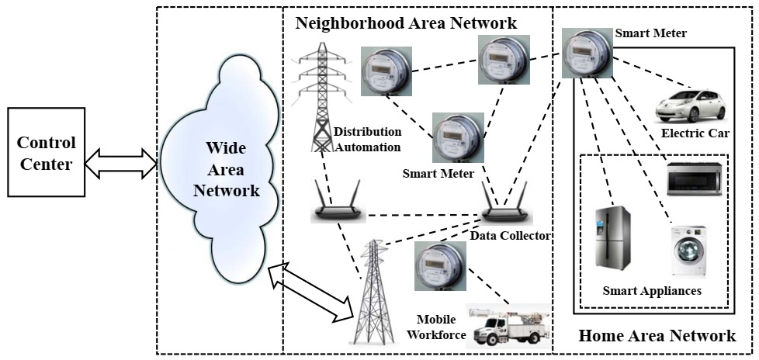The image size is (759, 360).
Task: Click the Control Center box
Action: tap(47, 152)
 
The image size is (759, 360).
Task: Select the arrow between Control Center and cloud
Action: tap(122, 164)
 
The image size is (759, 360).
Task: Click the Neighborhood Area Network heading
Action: tap(406, 22)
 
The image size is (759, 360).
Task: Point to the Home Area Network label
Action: tap(657, 335)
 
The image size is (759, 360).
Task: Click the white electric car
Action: tap(690, 106)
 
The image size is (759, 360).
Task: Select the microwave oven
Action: tap(694, 179)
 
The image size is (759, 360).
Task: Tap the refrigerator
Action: tap(612, 240)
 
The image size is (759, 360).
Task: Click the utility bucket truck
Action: tap(508, 326)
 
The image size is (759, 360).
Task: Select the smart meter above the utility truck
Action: tap(441, 266)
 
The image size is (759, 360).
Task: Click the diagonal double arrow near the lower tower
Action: tap(312, 292)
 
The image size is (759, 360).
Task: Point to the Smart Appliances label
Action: tap(652, 291)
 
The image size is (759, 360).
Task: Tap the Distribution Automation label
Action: tap(368, 139)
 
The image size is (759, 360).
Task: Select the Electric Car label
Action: tap(695, 133)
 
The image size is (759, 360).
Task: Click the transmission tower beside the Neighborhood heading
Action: tap(321, 97)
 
